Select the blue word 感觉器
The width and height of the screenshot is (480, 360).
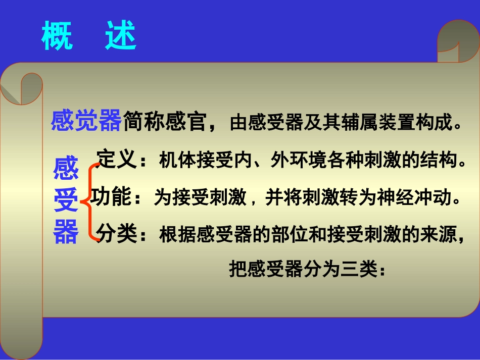coord(86,121)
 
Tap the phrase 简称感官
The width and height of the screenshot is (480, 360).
coord(163,122)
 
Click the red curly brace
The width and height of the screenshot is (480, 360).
coord(90,201)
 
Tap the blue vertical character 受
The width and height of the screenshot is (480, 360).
coord(66,201)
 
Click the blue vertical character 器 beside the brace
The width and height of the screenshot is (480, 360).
coord(66,232)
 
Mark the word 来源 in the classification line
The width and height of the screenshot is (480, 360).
coord(442,235)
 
